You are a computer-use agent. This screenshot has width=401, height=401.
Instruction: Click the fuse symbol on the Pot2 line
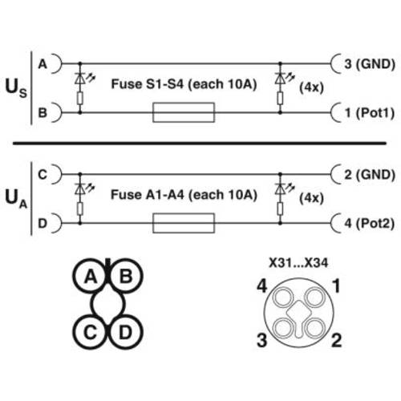[184, 223]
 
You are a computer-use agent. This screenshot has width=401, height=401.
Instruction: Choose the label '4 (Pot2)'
[367, 223]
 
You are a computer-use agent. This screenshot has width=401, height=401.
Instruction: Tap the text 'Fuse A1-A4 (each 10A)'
[183, 193]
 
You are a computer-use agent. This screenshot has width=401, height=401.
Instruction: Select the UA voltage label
[17, 197]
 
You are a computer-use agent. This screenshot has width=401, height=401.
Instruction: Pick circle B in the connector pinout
[125, 277]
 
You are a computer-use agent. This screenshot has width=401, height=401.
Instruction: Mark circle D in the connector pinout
[125, 330]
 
